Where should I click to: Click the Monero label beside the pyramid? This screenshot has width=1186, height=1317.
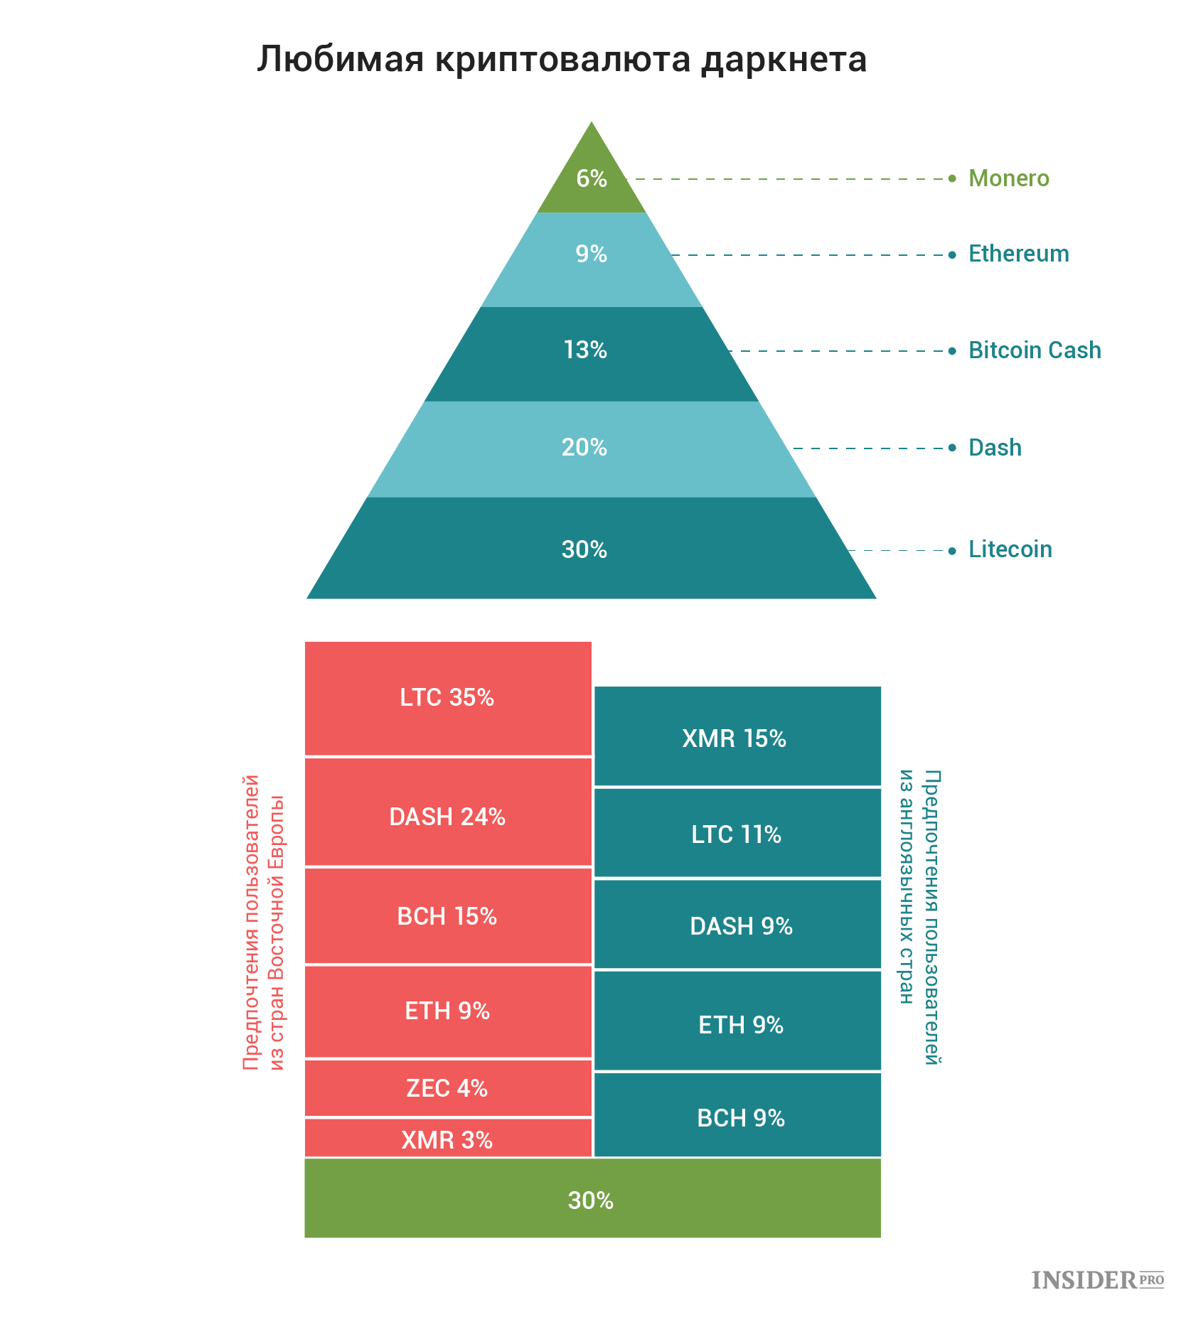tap(1008, 178)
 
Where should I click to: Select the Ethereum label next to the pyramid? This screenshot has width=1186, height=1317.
tap(1018, 254)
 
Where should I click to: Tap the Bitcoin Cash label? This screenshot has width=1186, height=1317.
tap(1035, 350)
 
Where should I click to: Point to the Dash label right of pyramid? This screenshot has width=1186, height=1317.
tap(995, 448)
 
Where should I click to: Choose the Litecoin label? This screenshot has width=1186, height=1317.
tap(1010, 549)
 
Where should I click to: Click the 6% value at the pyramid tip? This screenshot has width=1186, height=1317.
tap(592, 178)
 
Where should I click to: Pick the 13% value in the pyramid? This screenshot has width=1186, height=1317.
tap(585, 350)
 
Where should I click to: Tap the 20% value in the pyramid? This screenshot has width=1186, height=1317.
tap(584, 447)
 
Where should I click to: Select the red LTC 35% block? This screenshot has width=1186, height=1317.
tap(448, 699)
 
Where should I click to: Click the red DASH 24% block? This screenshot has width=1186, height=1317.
tap(448, 812)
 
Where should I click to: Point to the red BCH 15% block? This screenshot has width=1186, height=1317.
tap(448, 916)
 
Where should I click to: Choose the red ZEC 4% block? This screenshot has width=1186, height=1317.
tap(448, 1088)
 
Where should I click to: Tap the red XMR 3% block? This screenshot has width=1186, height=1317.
tap(448, 1138)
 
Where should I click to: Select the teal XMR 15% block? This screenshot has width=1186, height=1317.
tap(737, 736)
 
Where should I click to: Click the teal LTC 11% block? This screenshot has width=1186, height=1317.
tap(737, 833)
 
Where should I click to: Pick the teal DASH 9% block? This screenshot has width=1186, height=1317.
tap(737, 925)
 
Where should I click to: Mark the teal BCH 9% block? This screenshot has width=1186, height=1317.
tap(737, 1115)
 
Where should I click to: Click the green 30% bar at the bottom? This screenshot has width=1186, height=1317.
tap(592, 1198)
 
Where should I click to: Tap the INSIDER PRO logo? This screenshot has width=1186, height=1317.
tap(1098, 1280)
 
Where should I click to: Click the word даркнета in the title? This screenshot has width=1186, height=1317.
tap(784, 59)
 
